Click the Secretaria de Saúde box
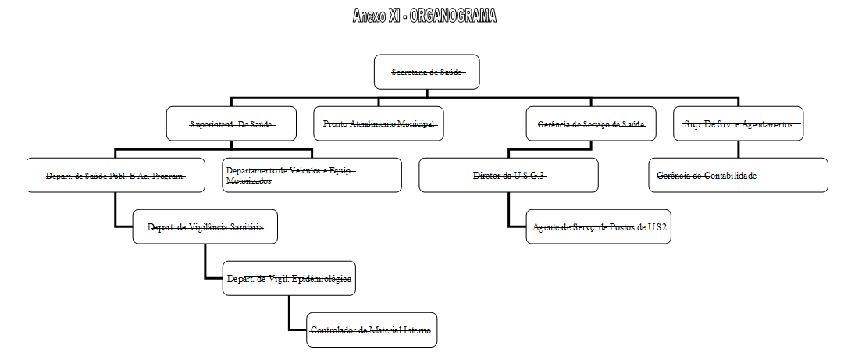point(426,73)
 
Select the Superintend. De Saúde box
point(232,123)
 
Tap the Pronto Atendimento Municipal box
point(379,123)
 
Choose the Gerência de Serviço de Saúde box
point(591,123)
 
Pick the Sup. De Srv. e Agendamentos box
point(738,123)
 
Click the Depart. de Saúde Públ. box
point(116,175)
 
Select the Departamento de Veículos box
point(312,175)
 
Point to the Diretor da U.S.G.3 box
point(508,175)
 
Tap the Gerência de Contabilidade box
point(738,175)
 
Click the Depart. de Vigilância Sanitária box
point(205,226)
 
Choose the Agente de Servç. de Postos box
point(598,226)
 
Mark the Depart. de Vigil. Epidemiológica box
point(289,278)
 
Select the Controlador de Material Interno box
point(370,330)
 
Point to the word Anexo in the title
point(369,16)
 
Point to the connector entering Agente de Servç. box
point(517,226)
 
